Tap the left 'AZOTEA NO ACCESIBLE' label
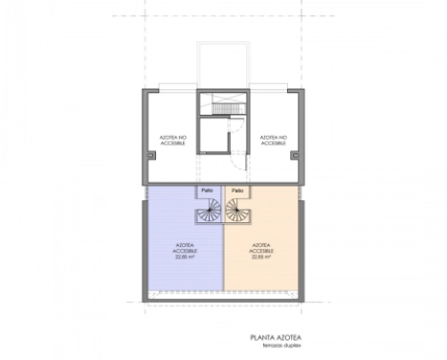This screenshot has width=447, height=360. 174,140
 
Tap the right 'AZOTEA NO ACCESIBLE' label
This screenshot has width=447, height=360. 274,140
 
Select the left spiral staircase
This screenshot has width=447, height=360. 211,212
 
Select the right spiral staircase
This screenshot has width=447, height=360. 235,212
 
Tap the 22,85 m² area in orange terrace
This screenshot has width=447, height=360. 261,257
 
